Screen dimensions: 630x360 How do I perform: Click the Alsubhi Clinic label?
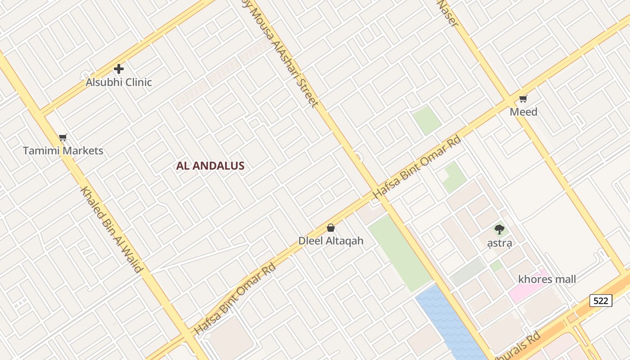[x=119, y=82]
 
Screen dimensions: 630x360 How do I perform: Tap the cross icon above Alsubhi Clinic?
[x=119, y=69]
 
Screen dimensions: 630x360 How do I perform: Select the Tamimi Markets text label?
[x=63, y=151]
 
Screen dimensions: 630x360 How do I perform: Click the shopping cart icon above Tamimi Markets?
[x=63, y=138]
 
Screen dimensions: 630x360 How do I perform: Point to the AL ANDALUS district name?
[x=210, y=166]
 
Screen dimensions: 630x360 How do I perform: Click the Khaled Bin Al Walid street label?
[x=111, y=229]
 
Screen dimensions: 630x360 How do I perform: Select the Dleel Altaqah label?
[x=331, y=241]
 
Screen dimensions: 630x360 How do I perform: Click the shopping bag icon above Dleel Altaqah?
[x=331, y=228]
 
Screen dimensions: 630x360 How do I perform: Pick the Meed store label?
[x=523, y=112]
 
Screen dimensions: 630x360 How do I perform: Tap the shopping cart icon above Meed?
[x=523, y=99]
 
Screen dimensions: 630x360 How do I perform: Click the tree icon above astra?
[x=499, y=229]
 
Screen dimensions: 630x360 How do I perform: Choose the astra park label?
[x=499, y=243]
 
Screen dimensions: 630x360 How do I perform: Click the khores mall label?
[x=547, y=279]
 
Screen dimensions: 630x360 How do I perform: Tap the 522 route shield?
[x=601, y=301]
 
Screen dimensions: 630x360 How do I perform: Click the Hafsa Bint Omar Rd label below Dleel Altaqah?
[x=234, y=299]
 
